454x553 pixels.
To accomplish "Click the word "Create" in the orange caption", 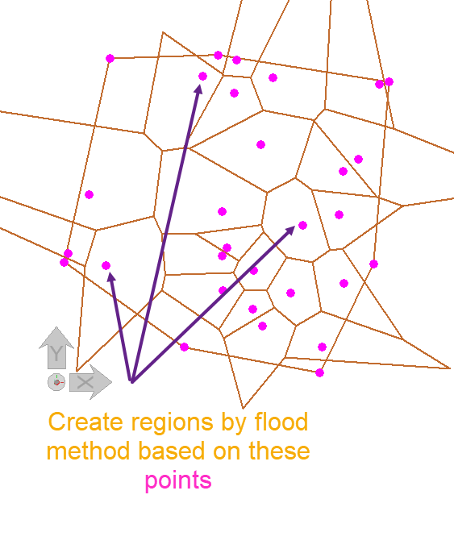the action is [85, 422].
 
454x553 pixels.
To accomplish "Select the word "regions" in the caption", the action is [172, 424].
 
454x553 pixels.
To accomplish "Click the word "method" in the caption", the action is [89, 451].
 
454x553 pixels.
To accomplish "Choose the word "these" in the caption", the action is [279, 451].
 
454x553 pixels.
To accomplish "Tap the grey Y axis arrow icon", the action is [56, 347].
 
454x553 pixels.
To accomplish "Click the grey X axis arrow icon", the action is [90, 382].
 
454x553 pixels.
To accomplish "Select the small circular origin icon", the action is [56, 382].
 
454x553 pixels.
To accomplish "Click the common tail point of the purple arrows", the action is [132, 381].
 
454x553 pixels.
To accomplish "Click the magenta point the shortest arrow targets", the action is [106, 265].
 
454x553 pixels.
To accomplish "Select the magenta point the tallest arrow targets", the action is [203, 76].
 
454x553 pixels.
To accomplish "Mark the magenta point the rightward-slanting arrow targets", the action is [302, 226].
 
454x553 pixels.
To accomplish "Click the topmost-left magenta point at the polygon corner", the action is [110, 58].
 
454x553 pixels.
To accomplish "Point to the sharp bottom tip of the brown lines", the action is [243, 408].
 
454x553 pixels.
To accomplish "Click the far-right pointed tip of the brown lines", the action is [450, 368].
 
